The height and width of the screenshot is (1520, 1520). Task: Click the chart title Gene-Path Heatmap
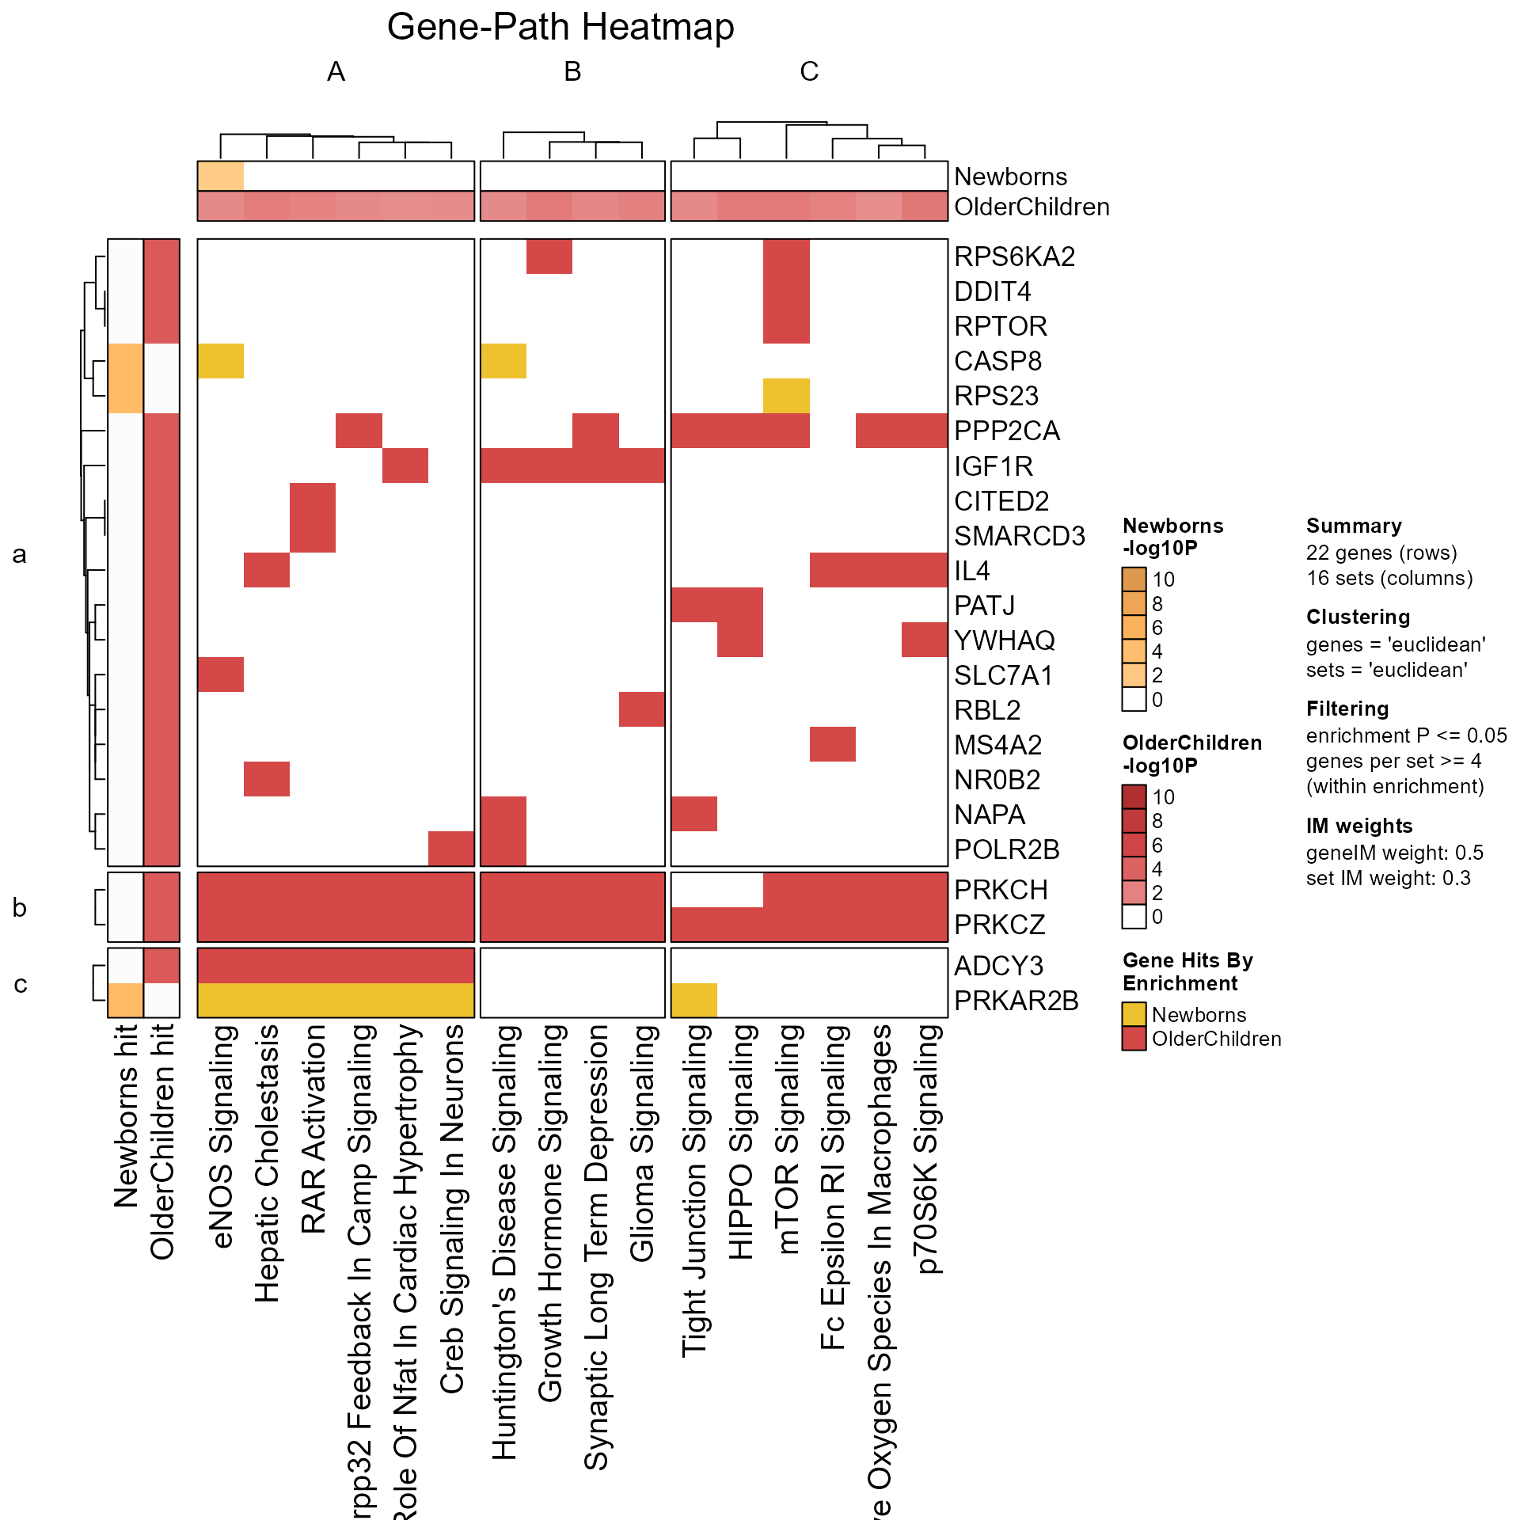[560, 27]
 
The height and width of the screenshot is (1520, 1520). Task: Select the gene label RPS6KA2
[1014, 256]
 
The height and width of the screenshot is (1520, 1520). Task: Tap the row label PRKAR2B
[1016, 1001]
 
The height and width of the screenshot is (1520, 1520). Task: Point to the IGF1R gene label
[994, 466]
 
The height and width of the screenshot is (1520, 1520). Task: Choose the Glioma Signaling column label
[642, 1143]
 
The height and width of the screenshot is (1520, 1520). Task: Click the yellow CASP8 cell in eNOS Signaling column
[221, 361]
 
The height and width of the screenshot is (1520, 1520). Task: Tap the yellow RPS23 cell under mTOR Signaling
[786, 396]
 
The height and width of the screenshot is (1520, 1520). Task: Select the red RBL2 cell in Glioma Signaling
[642, 709]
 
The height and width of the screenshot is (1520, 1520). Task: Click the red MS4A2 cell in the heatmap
[832, 744]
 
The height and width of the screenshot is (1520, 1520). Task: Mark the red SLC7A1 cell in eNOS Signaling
[221, 674]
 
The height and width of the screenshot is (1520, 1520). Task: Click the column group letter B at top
[572, 72]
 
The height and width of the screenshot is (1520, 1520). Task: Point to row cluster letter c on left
[21, 984]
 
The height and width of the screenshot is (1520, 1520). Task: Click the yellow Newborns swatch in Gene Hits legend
[1134, 1014]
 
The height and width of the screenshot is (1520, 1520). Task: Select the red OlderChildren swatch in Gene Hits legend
[1134, 1039]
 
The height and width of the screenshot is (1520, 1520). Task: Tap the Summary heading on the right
[1354, 526]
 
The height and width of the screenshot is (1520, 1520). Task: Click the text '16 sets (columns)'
[1389, 578]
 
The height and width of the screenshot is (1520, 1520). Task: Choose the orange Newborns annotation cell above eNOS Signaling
[221, 176]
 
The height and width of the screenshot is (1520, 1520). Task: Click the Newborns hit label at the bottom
[126, 1116]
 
